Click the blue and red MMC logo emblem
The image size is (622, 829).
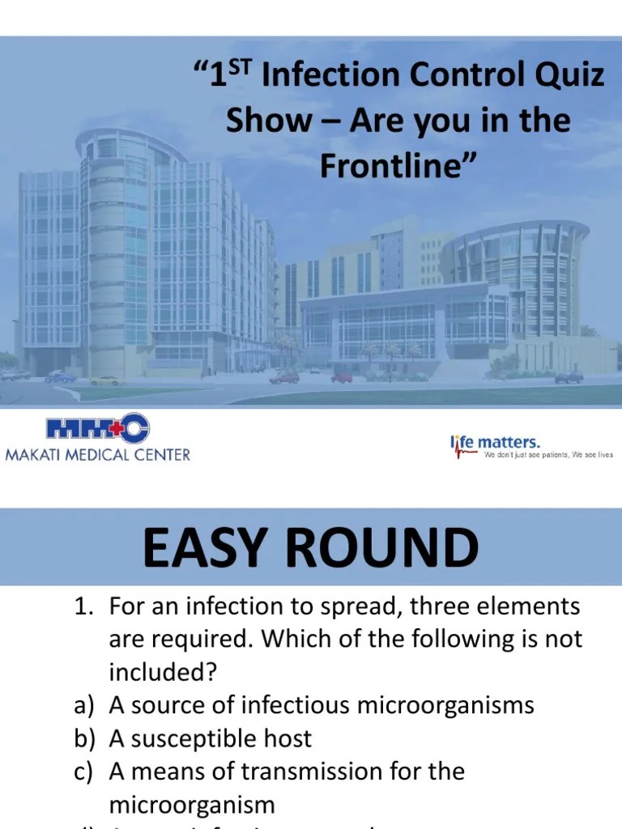coord(97,431)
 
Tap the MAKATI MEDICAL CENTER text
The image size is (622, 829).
coord(98,454)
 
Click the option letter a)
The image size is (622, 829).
coord(83,705)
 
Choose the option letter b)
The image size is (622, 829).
coord(83,738)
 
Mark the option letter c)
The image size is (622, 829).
coord(83,772)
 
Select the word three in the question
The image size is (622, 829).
coord(435,606)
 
